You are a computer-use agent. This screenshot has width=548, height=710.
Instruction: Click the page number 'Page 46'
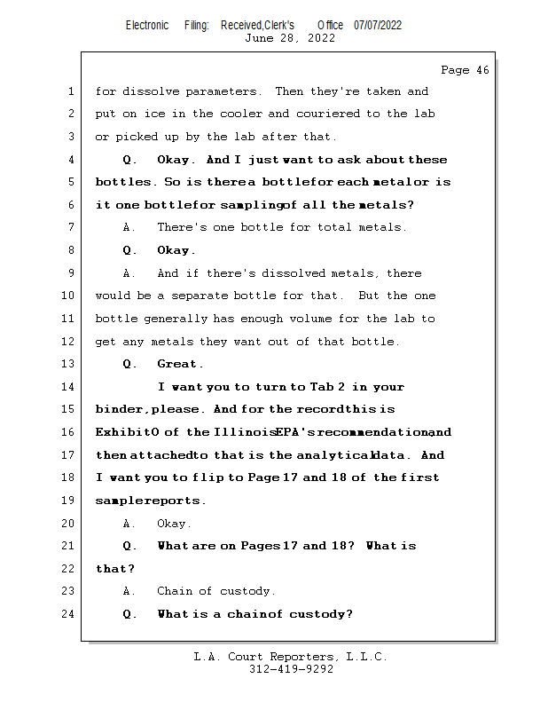click(x=464, y=70)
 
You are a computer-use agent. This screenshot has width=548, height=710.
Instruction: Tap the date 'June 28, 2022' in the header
click(x=289, y=38)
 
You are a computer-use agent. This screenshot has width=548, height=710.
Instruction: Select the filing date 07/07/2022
click(x=378, y=25)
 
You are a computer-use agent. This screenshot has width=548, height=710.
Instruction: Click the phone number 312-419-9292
click(x=291, y=669)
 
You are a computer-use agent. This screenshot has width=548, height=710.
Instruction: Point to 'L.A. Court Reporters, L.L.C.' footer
click(x=290, y=657)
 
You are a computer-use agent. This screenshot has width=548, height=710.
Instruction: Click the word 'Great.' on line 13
click(x=180, y=364)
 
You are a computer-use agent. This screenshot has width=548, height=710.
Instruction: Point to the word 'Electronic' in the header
click(x=146, y=25)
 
